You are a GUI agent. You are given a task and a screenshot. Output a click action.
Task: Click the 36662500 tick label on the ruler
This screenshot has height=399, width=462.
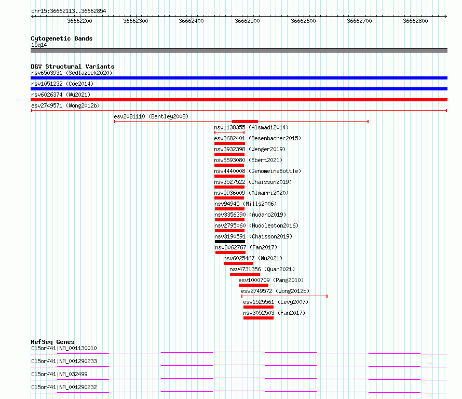247,21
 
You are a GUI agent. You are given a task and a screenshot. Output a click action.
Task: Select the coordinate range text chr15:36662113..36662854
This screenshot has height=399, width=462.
69,11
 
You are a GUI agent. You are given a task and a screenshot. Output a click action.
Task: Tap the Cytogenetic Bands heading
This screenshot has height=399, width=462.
62,38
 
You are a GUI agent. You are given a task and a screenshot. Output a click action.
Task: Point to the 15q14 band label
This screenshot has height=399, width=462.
39,45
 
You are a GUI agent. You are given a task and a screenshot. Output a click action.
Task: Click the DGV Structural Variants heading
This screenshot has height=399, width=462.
73,66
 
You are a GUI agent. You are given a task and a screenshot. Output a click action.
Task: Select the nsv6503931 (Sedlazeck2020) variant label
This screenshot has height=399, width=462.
72,73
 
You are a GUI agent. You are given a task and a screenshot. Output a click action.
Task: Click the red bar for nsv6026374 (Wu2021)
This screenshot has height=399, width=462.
239,100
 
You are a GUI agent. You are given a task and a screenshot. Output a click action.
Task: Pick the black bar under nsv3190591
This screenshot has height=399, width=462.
230,242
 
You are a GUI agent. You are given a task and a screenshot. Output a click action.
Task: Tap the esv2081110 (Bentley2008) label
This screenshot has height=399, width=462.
151,116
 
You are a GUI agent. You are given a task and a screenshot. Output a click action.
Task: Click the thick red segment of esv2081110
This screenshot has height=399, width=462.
245,122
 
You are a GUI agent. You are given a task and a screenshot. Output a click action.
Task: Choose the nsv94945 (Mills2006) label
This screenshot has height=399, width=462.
246,204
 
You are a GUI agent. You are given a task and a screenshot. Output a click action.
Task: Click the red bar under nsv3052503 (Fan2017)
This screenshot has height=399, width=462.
259,318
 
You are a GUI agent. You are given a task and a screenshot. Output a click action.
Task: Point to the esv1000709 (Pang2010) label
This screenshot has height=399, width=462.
271,280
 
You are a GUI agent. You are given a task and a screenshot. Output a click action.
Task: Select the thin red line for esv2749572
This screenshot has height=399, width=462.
284,296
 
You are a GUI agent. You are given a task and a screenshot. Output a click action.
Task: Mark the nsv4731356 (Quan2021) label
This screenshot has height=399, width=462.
262,269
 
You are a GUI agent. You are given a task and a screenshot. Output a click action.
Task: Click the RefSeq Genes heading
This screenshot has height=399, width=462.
53,342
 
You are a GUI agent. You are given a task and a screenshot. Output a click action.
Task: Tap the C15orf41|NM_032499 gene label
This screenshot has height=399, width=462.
59,374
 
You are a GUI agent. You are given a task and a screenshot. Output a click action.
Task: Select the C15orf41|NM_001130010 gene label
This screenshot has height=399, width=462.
64,348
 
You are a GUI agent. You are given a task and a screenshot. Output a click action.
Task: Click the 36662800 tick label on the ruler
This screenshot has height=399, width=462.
415,21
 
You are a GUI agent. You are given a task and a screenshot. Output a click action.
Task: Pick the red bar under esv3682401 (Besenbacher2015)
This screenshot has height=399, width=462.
229,143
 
